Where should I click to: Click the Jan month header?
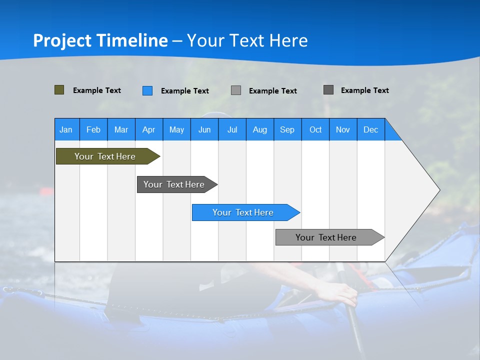[x=66, y=129]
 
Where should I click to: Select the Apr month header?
[x=148, y=129]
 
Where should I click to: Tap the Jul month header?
[x=232, y=129]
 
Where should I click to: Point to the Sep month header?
[x=287, y=129]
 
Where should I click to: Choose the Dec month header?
[x=370, y=129]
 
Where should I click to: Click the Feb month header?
[x=93, y=129]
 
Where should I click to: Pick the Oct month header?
[x=315, y=129]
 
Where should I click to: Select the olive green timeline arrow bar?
[x=105, y=156]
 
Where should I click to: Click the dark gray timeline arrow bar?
[x=174, y=184]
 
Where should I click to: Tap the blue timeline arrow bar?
[x=243, y=212]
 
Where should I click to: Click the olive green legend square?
[x=59, y=90]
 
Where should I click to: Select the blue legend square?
[x=147, y=90]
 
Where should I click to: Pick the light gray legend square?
[x=236, y=90]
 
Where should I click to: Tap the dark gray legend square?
[x=328, y=90]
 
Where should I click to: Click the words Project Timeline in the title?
[x=100, y=40]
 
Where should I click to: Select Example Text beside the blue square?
[x=185, y=91]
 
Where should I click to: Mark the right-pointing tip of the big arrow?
[x=438, y=190]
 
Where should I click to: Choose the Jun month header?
[x=204, y=129]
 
